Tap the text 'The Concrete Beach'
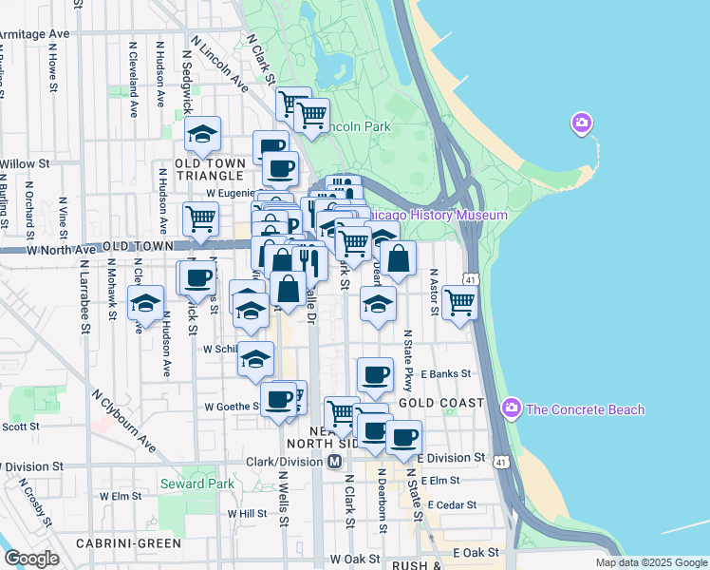point(585,409)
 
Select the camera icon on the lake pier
point(581,123)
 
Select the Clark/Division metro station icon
point(334,462)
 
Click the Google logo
point(31,559)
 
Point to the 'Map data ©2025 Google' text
point(651,562)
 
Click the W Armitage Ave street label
point(34,34)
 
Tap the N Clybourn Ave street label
point(124,419)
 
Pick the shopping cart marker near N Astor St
point(459,303)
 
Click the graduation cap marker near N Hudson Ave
point(145,303)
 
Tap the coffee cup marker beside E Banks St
point(375,374)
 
